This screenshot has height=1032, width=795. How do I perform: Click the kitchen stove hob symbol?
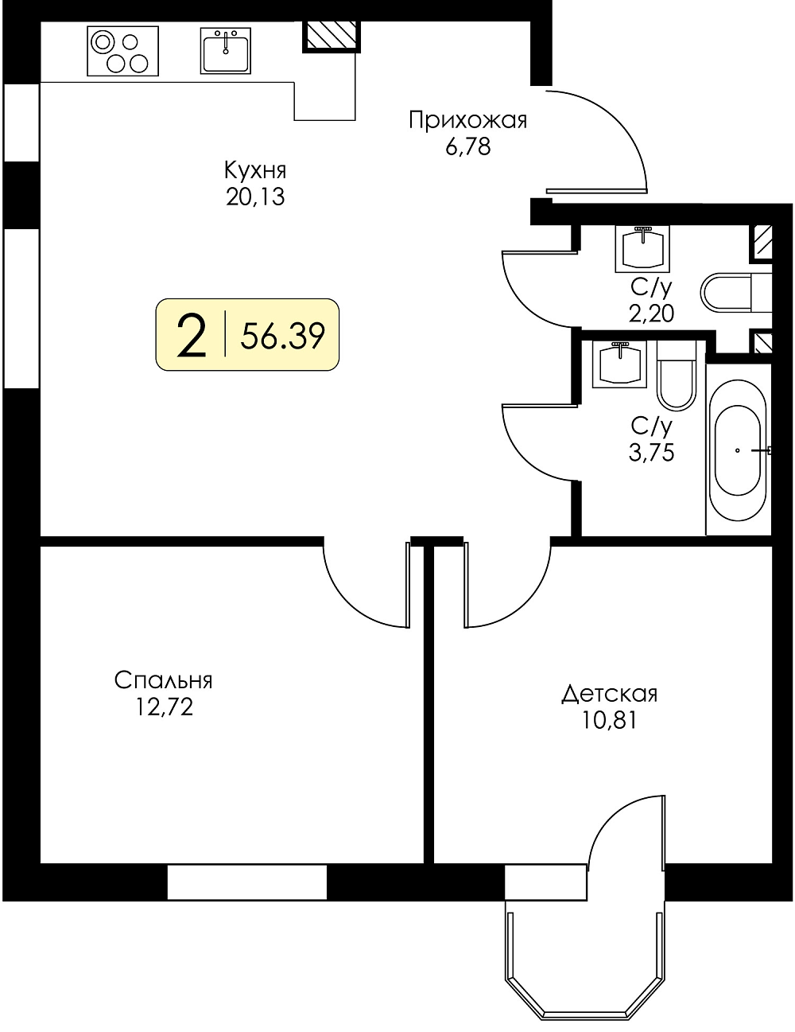[122, 51]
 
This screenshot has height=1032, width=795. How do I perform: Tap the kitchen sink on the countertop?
[225, 50]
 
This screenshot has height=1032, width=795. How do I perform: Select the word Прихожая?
[467, 121]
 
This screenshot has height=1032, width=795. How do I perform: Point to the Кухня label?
[255, 171]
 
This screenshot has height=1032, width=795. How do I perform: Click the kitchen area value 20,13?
[255, 197]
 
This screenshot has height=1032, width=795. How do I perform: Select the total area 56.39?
[283, 337]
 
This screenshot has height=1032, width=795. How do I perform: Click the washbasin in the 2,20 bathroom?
[642, 248]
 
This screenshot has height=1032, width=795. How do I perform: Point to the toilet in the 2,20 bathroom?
[735, 293]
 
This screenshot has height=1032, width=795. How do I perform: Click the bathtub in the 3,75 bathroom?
[738, 450]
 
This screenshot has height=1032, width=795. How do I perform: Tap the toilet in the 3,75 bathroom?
[677, 376]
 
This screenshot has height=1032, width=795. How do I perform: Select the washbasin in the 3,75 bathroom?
[619, 364]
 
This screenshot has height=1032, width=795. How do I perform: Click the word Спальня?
[163, 681]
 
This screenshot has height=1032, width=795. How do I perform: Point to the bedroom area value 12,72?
[164, 707]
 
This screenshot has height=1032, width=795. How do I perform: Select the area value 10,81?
[610, 720]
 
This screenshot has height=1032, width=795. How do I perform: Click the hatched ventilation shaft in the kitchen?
[331, 36]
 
